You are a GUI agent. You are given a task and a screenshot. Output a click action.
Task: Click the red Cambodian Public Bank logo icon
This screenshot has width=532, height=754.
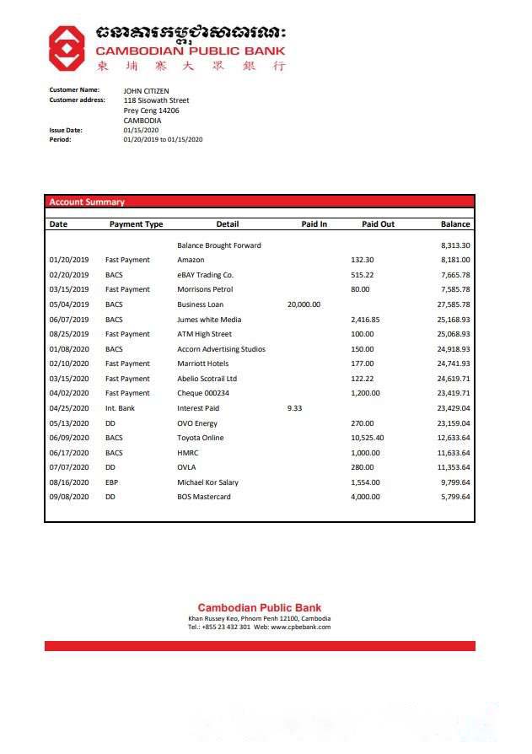click(x=65, y=47)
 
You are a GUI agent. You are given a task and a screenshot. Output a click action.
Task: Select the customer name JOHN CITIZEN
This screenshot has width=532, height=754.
click(x=146, y=90)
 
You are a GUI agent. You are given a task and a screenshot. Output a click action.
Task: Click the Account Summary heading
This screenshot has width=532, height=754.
click(x=87, y=202)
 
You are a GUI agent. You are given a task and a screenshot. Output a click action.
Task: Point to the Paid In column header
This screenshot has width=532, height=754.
click(x=314, y=224)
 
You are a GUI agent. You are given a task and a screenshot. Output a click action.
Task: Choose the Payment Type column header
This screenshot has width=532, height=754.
click(x=136, y=224)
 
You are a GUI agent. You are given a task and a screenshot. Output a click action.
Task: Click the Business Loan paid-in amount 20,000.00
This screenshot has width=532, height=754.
click(x=304, y=304)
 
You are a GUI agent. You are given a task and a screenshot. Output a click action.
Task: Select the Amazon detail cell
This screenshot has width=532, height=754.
click(x=191, y=260)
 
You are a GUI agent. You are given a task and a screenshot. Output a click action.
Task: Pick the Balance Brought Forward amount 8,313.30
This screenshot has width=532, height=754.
click(x=455, y=245)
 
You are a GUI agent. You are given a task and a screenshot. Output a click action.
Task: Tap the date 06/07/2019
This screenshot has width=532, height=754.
click(x=69, y=320)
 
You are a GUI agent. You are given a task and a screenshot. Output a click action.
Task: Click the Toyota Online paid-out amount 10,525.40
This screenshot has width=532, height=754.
click(x=367, y=438)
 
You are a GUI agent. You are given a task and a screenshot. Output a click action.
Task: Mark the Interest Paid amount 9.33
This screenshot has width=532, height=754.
click(x=294, y=408)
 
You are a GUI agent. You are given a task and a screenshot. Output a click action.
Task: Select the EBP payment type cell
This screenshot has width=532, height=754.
click(x=112, y=482)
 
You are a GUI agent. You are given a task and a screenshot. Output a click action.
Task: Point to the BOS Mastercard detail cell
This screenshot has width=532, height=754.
click(x=203, y=497)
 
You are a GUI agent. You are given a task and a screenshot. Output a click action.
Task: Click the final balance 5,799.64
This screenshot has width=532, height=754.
click(x=455, y=497)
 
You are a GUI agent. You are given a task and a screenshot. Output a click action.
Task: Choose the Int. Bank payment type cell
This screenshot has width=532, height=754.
click(x=120, y=408)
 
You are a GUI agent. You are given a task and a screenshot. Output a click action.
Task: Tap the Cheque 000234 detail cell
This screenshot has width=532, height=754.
click(x=203, y=393)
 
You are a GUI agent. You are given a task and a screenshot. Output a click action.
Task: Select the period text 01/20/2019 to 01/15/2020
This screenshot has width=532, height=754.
click(x=163, y=139)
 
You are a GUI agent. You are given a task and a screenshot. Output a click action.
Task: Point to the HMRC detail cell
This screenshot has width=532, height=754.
click(x=187, y=453)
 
